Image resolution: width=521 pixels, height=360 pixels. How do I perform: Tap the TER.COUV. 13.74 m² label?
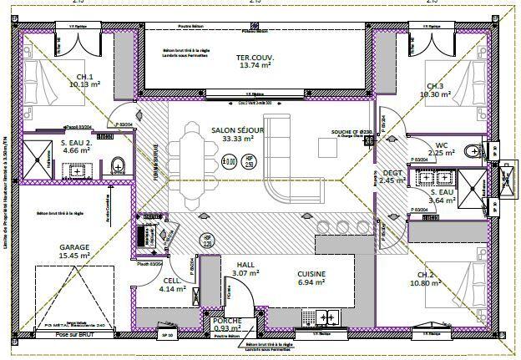pos(256,60)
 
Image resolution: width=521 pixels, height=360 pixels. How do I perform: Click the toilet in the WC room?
pos(475,151)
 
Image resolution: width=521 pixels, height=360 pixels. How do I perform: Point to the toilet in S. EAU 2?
pos(118,165)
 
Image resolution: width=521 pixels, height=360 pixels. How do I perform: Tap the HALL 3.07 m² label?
pos(245,269)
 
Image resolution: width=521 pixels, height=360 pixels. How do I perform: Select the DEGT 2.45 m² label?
pos(391,175)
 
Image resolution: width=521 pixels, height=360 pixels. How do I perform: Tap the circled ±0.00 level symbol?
pos(230,162)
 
